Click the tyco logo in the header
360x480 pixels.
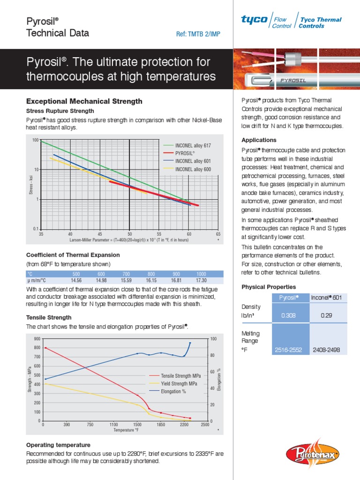254,20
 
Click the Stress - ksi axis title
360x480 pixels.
31,184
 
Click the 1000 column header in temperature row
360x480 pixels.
201,274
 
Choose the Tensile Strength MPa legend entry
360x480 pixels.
181,376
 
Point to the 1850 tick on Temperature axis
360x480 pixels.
161,424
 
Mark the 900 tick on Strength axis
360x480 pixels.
37,338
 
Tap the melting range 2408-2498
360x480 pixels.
327,350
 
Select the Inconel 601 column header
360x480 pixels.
327,298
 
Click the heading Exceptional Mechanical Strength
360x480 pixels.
84,101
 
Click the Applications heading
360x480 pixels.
259,140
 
